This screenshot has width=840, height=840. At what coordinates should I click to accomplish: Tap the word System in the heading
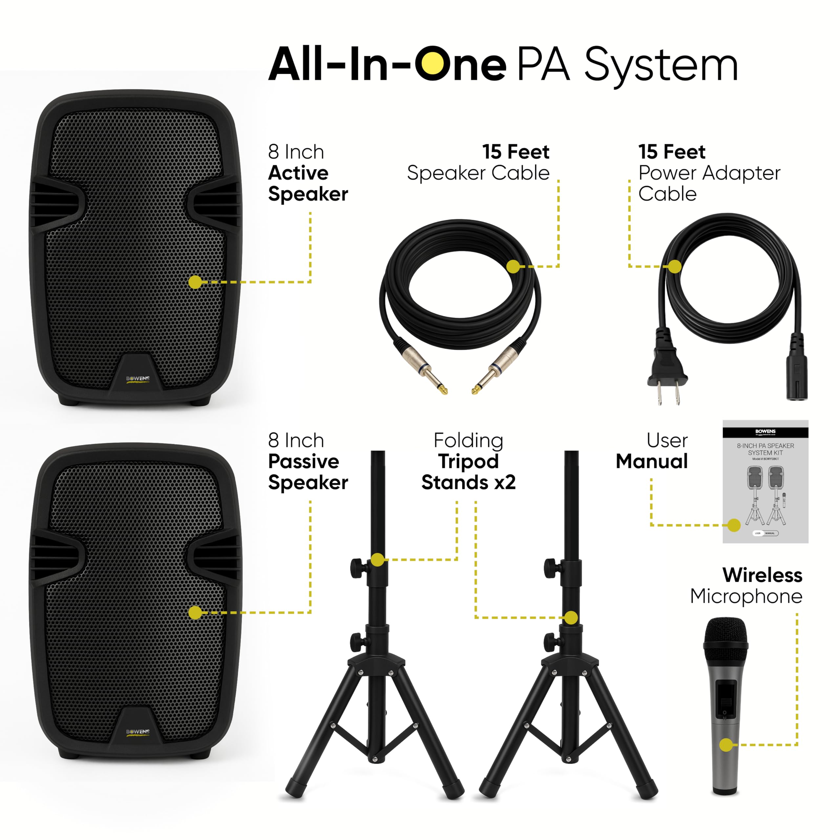[661, 65]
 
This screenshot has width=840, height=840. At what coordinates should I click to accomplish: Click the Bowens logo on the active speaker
[138, 379]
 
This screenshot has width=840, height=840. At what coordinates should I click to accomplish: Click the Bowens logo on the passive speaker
[138, 732]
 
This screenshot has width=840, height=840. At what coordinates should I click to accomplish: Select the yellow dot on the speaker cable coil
[514, 266]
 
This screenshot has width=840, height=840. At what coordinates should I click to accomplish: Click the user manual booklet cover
[765, 482]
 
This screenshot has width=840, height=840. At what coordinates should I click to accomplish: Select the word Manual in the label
[652, 461]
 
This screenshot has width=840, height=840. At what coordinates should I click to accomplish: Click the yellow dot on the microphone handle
[726, 745]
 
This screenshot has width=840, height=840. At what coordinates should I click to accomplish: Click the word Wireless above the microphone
[762, 575]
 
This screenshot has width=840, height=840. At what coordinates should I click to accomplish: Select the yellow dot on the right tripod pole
[571, 618]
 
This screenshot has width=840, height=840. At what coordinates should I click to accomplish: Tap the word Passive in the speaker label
[304, 461]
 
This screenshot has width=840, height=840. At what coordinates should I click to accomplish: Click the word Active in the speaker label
[298, 173]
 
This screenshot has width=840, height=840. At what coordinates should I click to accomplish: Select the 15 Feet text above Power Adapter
[672, 152]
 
